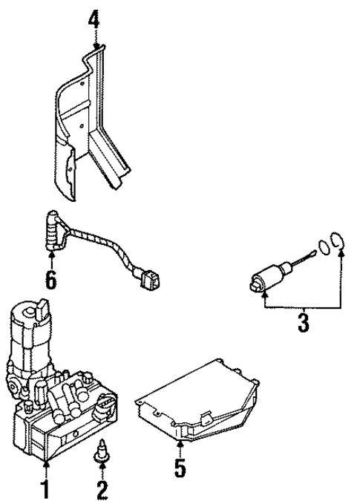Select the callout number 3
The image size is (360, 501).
tap(304, 323)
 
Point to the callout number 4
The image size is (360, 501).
tap(93, 17)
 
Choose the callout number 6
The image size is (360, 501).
tap(50, 281)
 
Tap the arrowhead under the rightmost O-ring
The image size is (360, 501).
tap(341, 254)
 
